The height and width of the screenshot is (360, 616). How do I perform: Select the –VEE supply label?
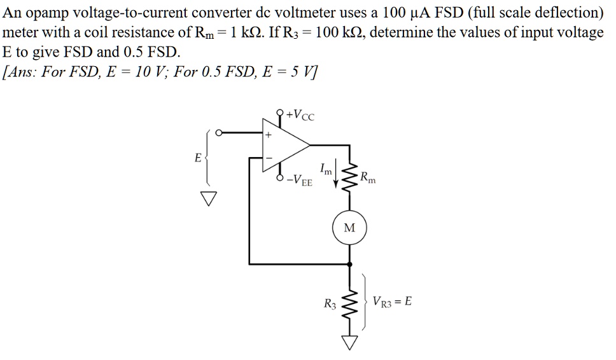[x=300, y=181]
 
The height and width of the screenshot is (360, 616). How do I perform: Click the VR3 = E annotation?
[x=392, y=301]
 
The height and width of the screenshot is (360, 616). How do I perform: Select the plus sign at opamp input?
[x=269, y=135]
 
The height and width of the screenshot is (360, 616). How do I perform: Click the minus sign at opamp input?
[x=269, y=158]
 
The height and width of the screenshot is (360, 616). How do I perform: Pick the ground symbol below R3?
[x=349, y=342]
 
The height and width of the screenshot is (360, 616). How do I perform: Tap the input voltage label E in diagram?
[x=198, y=156]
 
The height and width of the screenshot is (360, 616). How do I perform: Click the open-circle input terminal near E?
[x=218, y=133]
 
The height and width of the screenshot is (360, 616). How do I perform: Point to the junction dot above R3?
[x=349, y=263]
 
